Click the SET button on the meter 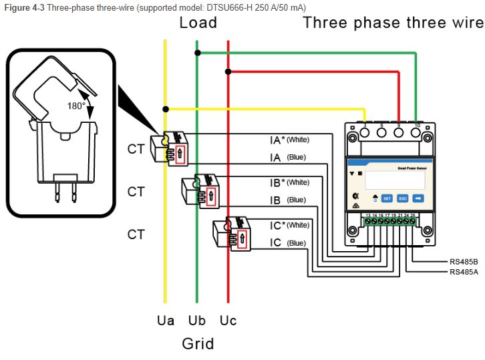[x=387, y=198]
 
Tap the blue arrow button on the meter [x=418, y=198]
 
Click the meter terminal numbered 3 [x=364, y=132]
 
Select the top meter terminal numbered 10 [x=416, y=132]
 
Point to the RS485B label [x=464, y=261]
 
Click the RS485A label [x=464, y=272]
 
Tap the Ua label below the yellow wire [x=166, y=321]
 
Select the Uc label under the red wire [x=228, y=321]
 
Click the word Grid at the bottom [x=198, y=345]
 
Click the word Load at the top [x=198, y=23]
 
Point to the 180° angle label [x=76, y=106]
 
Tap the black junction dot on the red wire [x=228, y=71]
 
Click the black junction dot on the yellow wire [x=166, y=108]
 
